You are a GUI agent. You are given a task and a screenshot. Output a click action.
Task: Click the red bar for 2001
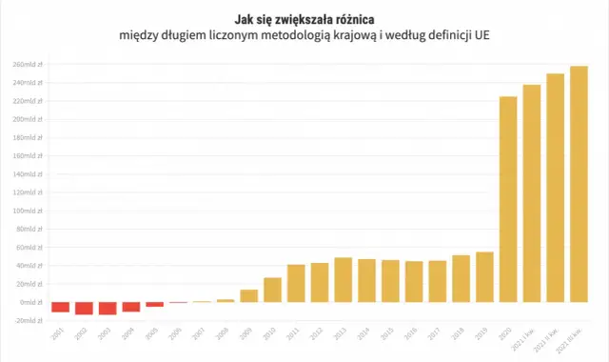[x=60, y=307]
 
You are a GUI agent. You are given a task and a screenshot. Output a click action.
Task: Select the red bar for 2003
[x=107, y=308]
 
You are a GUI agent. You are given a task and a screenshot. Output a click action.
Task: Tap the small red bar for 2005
[x=154, y=304]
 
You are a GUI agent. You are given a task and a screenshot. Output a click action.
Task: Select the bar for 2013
[x=343, y=279]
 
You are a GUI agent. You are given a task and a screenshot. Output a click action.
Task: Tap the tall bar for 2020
[x=508, y=199]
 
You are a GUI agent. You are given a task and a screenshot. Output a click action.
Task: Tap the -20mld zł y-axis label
[x=27, y=320]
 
